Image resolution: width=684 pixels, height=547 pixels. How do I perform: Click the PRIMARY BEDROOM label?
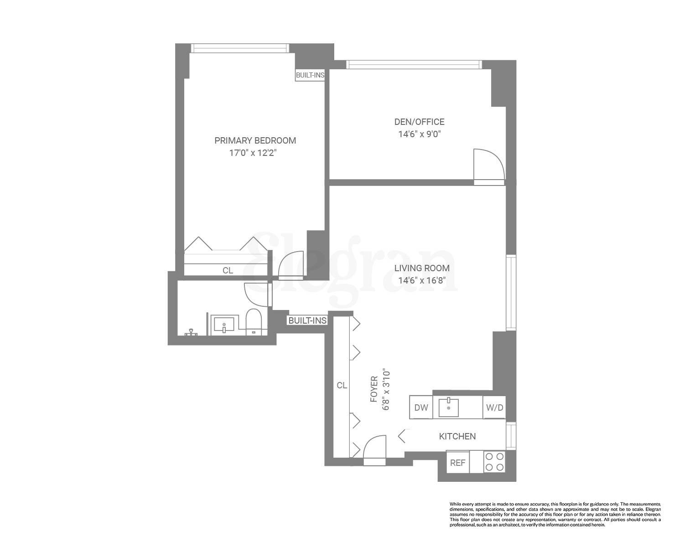pos(255,140)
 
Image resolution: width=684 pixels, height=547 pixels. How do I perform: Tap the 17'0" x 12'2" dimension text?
pos(253,153)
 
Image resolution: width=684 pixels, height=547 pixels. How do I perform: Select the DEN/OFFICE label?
pos(419,122)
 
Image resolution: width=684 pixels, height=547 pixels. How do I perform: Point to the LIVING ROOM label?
pos(422,268)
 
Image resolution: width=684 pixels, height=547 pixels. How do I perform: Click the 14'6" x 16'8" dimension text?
pos(419,281)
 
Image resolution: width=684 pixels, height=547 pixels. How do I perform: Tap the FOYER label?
pos(374,389)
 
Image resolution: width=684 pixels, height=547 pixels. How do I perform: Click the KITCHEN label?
pos(457,436)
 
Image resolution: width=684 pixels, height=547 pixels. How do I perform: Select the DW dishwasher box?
pos(421,408)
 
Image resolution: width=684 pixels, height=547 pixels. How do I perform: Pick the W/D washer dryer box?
pos(494,408)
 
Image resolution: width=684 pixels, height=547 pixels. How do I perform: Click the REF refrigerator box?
pos(457,463)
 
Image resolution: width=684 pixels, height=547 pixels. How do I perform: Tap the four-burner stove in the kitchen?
pos(494,461)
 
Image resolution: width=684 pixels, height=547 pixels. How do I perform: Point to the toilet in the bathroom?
pos(253,322)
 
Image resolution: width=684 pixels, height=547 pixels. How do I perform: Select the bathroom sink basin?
pos(224,325)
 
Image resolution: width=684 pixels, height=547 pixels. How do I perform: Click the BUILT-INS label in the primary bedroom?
pos(310,75)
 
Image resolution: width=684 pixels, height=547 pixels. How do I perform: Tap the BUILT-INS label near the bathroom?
pos(307,320)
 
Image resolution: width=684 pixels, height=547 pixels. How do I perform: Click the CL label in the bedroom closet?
pos(228,270)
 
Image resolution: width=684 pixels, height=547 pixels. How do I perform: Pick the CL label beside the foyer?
pos(342,385)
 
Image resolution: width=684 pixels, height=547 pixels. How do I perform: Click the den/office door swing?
pos(488,165)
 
